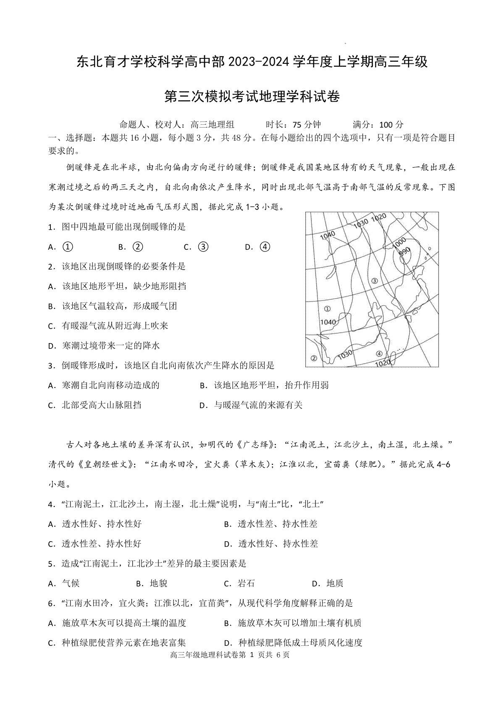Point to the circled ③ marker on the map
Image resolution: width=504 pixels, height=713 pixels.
coord(375,281)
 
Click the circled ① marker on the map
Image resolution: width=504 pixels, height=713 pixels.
coord(328,309)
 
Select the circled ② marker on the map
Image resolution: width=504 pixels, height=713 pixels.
coord(313,358)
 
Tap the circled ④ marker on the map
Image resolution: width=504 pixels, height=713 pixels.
coord(379,354)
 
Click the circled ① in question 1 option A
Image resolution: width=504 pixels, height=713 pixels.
coord(67,247)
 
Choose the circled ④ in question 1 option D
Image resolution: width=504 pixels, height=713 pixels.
coord(265,247)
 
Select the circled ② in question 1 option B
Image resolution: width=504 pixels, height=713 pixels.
coord(137,247)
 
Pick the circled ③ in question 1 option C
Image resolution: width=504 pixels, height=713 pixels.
coord(203,247)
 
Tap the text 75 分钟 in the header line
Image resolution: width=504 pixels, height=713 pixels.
coord(307,124)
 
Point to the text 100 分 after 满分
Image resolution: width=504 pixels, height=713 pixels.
coord(391,124)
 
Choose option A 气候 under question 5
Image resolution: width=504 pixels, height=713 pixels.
coord(71,583)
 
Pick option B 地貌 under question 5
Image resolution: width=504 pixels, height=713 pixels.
coord(158,583)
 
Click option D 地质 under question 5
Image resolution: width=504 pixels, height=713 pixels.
coord(335,583)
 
